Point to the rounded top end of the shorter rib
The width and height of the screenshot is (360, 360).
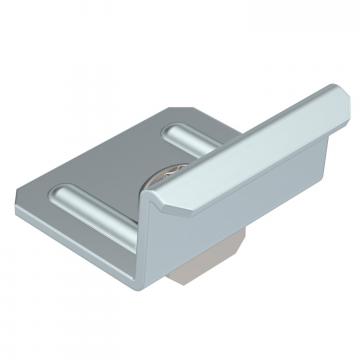coord(173,128)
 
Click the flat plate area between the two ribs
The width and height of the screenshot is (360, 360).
coord(120,165)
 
